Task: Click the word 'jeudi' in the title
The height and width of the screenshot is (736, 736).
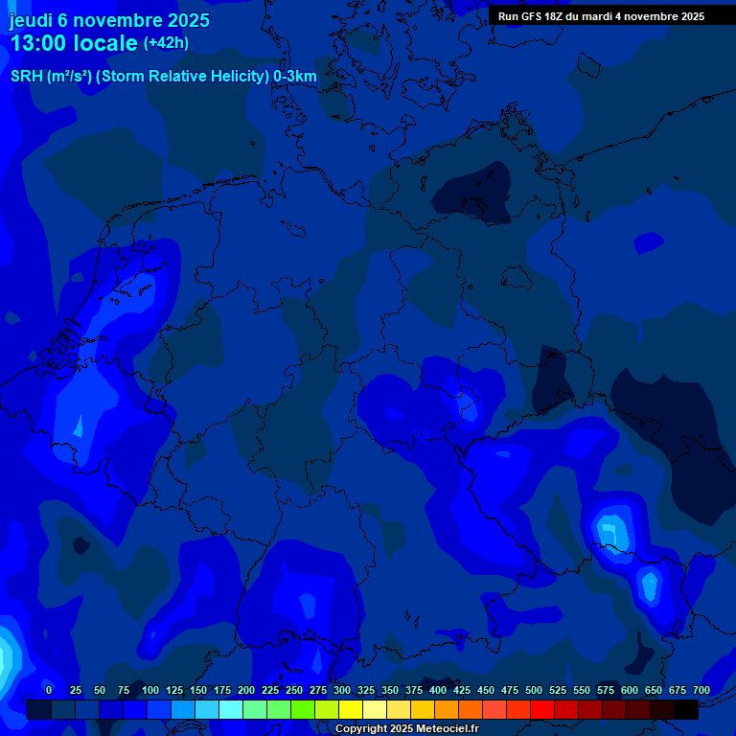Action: click(x=32, y=20)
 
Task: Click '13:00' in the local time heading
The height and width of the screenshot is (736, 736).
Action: click(x=38, y=43)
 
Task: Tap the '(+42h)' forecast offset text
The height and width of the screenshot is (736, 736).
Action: click(x=166, y=43)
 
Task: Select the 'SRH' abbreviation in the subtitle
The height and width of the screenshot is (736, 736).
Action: click(x=27, y=77)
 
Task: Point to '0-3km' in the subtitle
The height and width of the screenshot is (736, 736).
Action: click(x=295, y=77)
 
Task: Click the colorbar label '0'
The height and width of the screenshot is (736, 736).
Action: click(x=49, y=690)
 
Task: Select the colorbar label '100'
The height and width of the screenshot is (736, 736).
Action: click(x=150, y=690)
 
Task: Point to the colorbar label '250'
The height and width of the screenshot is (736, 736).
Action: click(x=294, y=690)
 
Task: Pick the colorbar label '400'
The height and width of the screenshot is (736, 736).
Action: click(x=438, y=690)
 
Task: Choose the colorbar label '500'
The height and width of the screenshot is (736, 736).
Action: click(x=534, y=690)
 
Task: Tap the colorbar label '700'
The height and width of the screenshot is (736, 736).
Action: click(x=701, y=690)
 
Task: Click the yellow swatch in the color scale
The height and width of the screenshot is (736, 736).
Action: click(x=351, y=710)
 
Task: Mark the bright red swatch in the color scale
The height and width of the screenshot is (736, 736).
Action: click(x=542, y=710)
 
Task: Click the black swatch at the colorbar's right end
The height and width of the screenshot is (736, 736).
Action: click(x=686, y=710)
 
